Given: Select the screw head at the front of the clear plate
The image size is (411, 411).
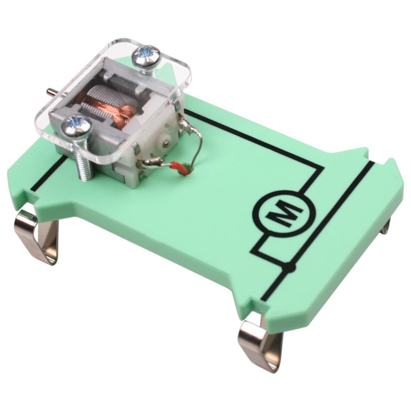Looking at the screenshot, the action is pos(76,127).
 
